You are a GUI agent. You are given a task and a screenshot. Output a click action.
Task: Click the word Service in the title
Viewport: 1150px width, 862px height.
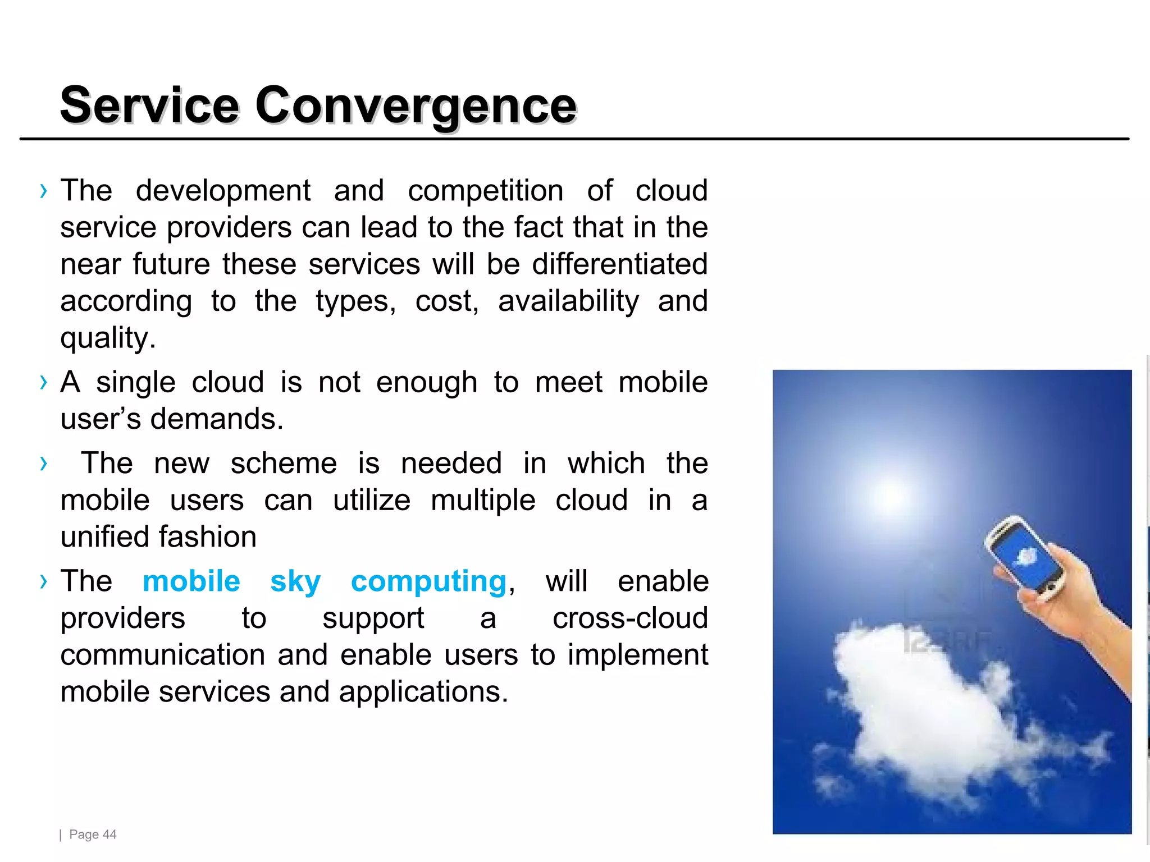click(x=149, y=105)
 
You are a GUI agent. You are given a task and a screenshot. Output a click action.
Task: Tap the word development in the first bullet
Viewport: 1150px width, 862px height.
click(x=223, y=191)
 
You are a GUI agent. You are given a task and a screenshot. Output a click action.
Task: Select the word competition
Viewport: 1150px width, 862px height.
click(x=485, y=191)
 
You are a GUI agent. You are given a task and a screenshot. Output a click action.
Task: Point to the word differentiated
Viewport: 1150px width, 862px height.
click(x=619, y=264)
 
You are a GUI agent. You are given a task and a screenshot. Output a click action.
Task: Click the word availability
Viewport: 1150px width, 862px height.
click(x=568, y=301)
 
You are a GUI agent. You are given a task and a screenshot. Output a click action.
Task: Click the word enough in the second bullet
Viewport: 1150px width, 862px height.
click(x=426, y=383)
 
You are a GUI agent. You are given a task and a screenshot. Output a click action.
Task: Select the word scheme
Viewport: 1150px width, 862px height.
click(x=284, y=464)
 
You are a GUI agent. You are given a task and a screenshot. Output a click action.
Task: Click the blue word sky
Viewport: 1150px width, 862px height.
click(x=295, y=581)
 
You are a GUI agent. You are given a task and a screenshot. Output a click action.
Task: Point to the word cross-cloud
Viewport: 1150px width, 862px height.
click(x=630, y=618)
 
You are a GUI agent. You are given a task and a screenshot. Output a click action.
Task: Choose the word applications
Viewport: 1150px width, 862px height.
click(x=423, y=693)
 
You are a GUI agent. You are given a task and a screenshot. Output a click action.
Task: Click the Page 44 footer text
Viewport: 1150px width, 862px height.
click(x=92, y=835)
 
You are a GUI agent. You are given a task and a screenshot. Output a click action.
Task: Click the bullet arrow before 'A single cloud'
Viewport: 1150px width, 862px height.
click(x=44, y=383)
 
